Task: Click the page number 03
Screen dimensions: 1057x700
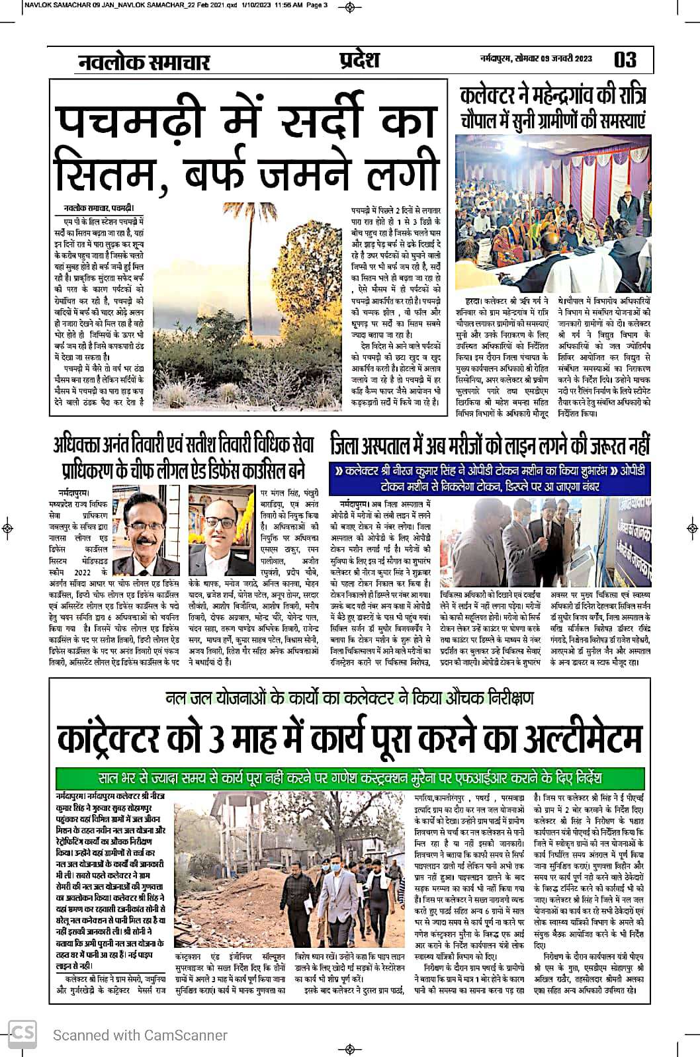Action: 625,60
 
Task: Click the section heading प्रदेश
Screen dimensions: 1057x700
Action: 355,60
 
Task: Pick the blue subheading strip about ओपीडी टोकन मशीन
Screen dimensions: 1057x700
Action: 490,478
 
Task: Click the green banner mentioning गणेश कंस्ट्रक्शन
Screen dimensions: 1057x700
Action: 350,776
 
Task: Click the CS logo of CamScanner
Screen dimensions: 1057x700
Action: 22,1034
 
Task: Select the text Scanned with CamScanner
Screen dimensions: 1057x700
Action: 140,1035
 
